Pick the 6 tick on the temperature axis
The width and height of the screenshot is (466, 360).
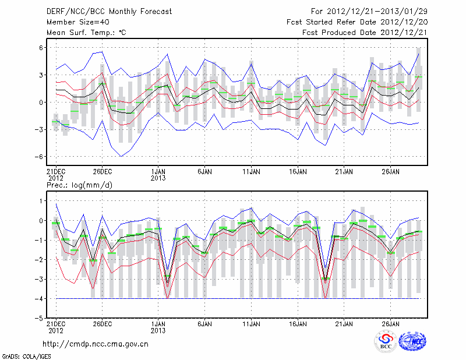41,48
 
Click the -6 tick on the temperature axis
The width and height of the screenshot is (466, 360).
40,157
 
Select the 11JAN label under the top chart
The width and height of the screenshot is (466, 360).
250,172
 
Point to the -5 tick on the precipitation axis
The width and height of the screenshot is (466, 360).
40,319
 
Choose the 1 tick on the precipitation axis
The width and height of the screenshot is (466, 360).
41,201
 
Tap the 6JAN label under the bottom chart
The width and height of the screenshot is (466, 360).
204,324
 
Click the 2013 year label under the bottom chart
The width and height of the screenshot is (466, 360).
158,331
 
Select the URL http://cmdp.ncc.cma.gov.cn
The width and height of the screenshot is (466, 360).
96,344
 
